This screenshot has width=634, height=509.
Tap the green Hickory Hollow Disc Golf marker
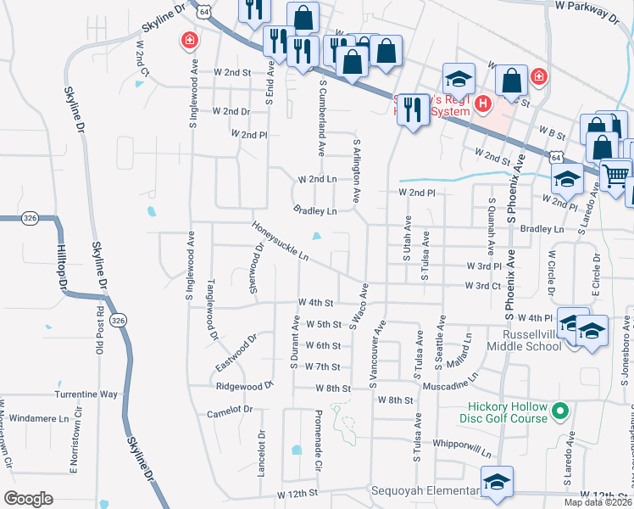559,412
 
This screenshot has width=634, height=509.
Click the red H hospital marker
483,104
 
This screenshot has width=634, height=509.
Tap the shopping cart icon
617,176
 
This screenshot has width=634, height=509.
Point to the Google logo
28,499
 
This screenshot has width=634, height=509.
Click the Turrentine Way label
86,394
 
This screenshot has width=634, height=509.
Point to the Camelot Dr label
230,411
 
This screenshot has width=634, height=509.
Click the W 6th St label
323,345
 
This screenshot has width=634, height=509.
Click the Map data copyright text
598,502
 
